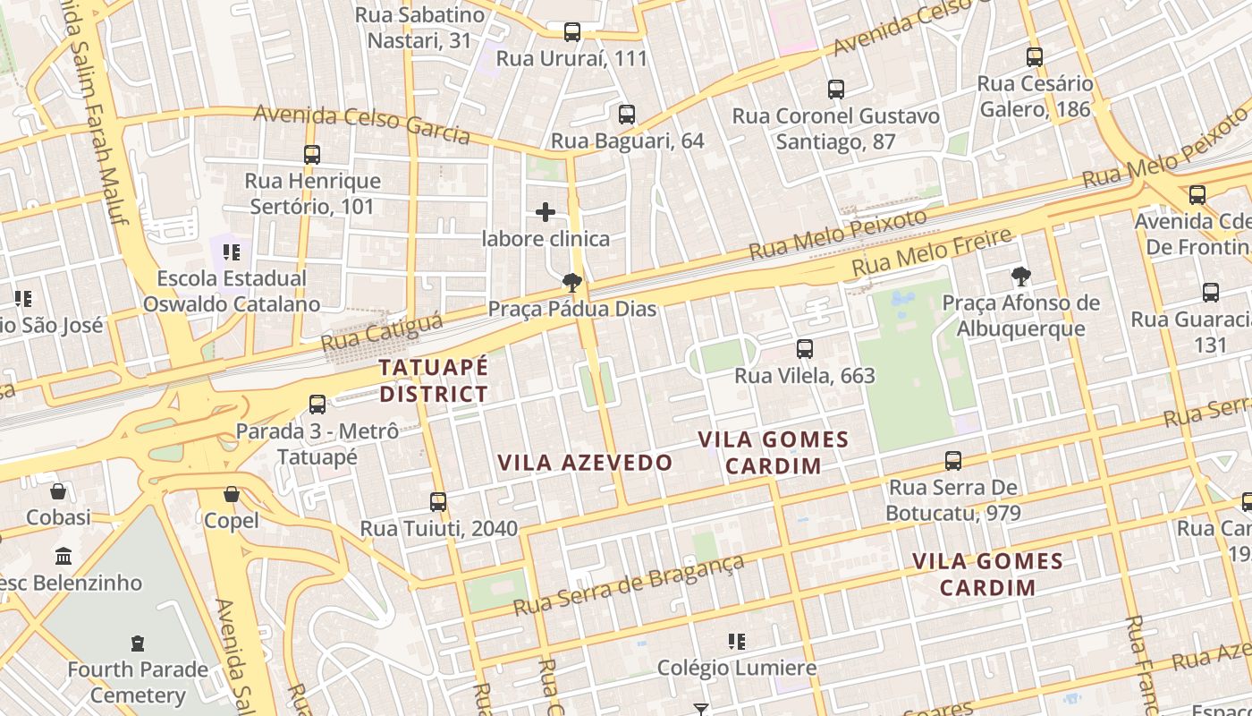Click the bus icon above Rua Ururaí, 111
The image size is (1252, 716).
pos(572,32)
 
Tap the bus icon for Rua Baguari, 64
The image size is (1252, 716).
pos(627,115)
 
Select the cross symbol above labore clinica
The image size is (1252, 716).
pos(546,212)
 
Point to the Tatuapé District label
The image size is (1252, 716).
pos(434,380)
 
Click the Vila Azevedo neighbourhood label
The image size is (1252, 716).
pos(585,463)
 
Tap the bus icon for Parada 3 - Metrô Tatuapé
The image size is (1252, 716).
pos(317,404)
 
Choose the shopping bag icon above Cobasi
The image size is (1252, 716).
pos(58,491)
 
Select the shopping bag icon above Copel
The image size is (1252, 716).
pos(232,494)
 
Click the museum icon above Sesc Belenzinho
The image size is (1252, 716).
pos(63,557)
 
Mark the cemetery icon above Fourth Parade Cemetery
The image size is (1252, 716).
pos(138,643)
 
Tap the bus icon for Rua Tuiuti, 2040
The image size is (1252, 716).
pos(438,502)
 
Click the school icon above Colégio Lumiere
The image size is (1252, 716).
pos(737,641)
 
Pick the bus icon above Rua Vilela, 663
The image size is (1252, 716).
pos(805,349)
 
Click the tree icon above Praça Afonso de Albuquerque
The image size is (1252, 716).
pos(1020,276)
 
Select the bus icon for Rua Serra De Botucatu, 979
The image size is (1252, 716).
pos(953,461)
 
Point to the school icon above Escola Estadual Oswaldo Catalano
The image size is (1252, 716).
pos(232,252)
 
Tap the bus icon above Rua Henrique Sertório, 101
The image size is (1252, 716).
pos(312,155)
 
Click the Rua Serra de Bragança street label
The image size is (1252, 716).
pos(629,586)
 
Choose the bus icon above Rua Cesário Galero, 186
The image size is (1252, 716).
pos(1035,57)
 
